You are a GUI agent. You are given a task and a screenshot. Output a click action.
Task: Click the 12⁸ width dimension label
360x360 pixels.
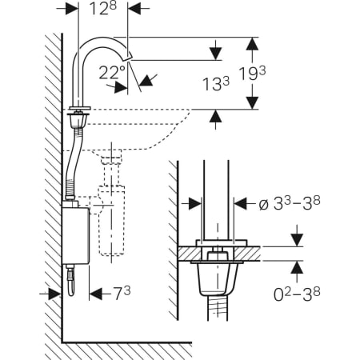(102, 9)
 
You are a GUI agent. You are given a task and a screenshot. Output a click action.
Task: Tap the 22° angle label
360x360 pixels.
(112, 73)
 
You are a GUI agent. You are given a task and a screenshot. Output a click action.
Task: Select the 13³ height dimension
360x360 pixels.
(216, 84)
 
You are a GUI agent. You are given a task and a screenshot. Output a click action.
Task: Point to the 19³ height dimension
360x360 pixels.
(252, 74)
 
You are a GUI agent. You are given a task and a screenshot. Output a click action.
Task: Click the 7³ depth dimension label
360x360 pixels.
(122, 293)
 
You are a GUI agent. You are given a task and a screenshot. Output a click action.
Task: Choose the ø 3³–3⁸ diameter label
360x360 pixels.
(290, 204)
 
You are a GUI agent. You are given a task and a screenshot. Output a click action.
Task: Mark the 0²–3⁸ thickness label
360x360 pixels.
(297, 294)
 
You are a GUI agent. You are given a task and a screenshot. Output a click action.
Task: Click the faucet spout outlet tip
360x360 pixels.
(129, 57)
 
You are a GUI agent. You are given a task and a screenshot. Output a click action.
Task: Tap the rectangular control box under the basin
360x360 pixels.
(75, 235)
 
